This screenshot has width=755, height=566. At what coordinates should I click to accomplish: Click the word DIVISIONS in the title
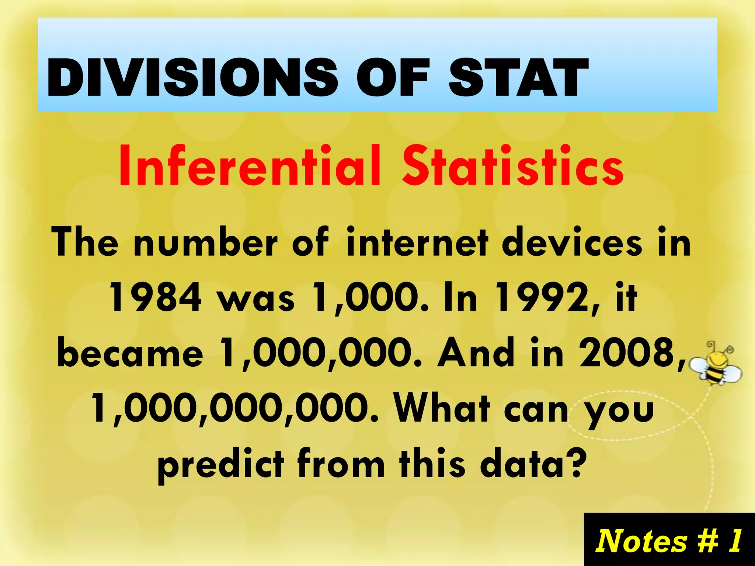coord(192,78)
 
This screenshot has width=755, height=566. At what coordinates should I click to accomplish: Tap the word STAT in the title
coord(518,78)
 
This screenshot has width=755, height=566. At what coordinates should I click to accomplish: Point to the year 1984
coord(156,297)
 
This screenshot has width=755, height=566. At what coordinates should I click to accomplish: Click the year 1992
coord(540,297)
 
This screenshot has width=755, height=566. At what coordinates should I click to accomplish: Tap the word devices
coord(571,242)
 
